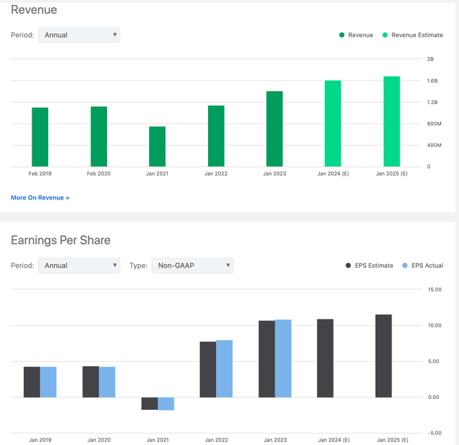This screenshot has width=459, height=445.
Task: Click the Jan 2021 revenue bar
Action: (x=157, y=146)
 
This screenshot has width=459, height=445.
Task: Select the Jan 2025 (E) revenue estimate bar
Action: (x=391, y=121)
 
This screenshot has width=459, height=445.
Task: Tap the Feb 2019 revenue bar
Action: (x=40, y=137)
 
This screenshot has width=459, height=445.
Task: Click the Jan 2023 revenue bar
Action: (x=274, y=129)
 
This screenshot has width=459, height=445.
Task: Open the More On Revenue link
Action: (x=40, y=197)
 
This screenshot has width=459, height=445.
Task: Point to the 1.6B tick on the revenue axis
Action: (x=432, y=80)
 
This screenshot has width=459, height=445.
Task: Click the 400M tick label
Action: (x=434, y=145)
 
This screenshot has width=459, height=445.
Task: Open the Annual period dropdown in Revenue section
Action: (x=79, y=34)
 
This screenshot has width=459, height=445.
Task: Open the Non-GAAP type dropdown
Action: (x=192, y=266)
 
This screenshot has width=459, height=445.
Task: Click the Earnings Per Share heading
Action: (x=61, y=240)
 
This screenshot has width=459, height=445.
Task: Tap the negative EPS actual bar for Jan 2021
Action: (x=166, y=403)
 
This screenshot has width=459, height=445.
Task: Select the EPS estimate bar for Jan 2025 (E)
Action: (x=384, y=356)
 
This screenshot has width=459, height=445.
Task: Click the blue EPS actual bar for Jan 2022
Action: (x=224, y=369)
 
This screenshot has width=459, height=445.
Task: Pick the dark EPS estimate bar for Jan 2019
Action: (x=32, y=382)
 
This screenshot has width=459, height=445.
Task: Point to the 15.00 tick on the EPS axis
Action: (x=435, y=289)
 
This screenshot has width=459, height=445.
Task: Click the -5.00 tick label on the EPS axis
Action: (x=435, y=433)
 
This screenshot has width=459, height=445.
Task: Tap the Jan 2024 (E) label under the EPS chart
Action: (x=333, y=439)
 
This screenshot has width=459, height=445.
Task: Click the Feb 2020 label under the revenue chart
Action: (x=99, y=174)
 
